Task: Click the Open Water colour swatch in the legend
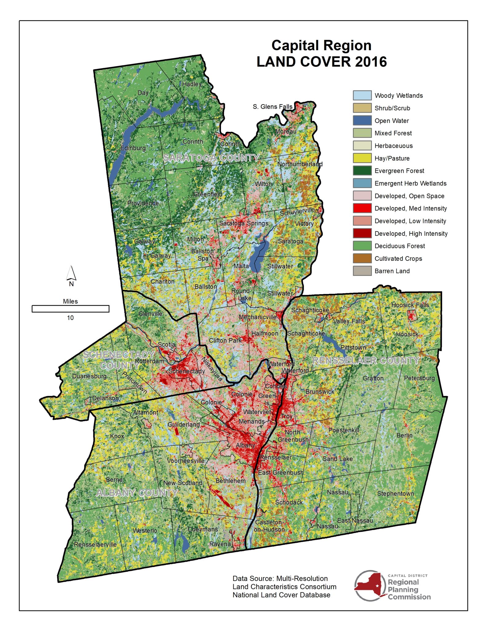pos(362,121)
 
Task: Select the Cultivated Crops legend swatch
pos(362,258)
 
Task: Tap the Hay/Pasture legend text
pos(392,158)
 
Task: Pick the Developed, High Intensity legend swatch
pos(362,233)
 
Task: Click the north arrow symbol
pos(71,273)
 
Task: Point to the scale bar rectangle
pos(70,309)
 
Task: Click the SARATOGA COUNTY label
pos(211,158)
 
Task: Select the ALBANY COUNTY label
pos(137,493)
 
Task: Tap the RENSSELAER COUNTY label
pos(366,361)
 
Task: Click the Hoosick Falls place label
pos(410,305)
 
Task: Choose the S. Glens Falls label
pos(272,107)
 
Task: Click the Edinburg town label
pos(133,148)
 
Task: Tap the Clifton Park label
pos(225,340)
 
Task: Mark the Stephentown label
pos(395,493)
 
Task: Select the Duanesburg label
pos(89,376)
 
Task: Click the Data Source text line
pos(280,578)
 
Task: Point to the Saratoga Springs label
pos(244,223)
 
